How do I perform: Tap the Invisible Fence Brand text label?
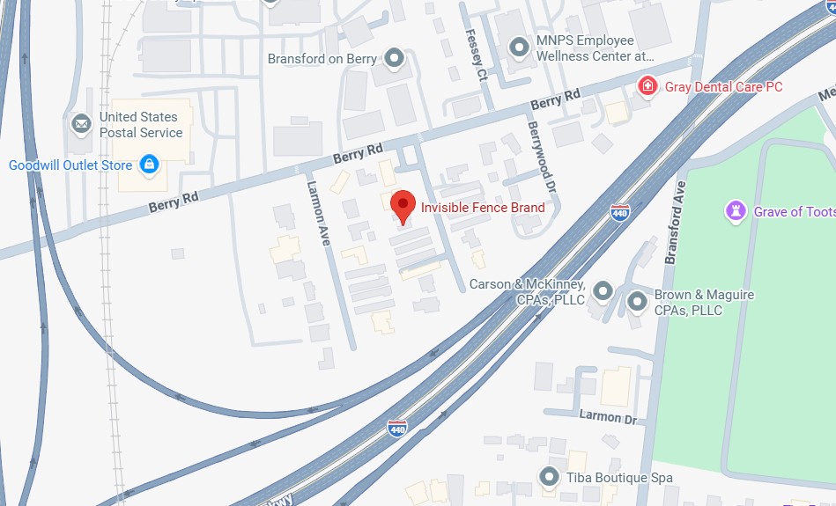483,208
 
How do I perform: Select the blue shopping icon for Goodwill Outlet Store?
149,165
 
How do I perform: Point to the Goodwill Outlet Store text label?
70,165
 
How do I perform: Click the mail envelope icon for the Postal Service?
81,123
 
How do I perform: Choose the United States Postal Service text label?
141,125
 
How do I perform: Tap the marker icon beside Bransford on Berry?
395,59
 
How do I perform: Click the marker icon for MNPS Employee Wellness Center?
520,48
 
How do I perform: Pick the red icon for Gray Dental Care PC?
647,86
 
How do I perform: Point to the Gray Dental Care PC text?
724,87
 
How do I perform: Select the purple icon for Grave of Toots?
735,211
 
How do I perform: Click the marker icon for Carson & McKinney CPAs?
603,290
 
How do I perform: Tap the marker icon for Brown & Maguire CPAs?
637,302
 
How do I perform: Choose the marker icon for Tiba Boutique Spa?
550,477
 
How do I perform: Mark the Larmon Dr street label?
607,416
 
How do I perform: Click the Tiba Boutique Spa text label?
619,478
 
